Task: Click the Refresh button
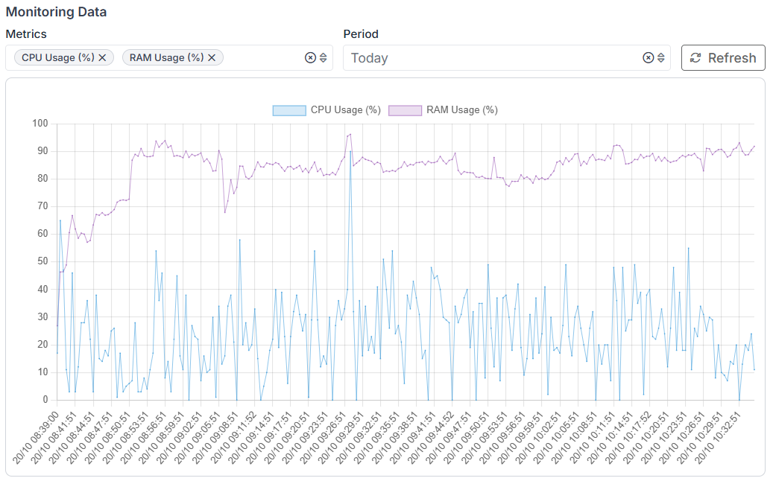723,58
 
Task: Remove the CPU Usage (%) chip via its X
102,57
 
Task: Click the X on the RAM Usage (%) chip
212,57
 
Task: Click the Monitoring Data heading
56,12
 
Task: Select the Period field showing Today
492,58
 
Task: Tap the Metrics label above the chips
26,34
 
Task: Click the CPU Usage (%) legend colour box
289,110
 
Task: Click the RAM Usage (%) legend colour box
405,110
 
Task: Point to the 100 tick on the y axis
40,124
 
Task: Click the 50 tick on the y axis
42,261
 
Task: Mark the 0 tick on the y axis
45,400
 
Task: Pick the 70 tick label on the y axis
42,206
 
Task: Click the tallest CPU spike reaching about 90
350,152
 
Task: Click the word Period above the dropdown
361,34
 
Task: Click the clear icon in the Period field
648,58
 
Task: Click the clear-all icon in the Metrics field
310,58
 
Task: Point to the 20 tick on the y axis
42,345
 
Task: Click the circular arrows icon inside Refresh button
695,58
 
